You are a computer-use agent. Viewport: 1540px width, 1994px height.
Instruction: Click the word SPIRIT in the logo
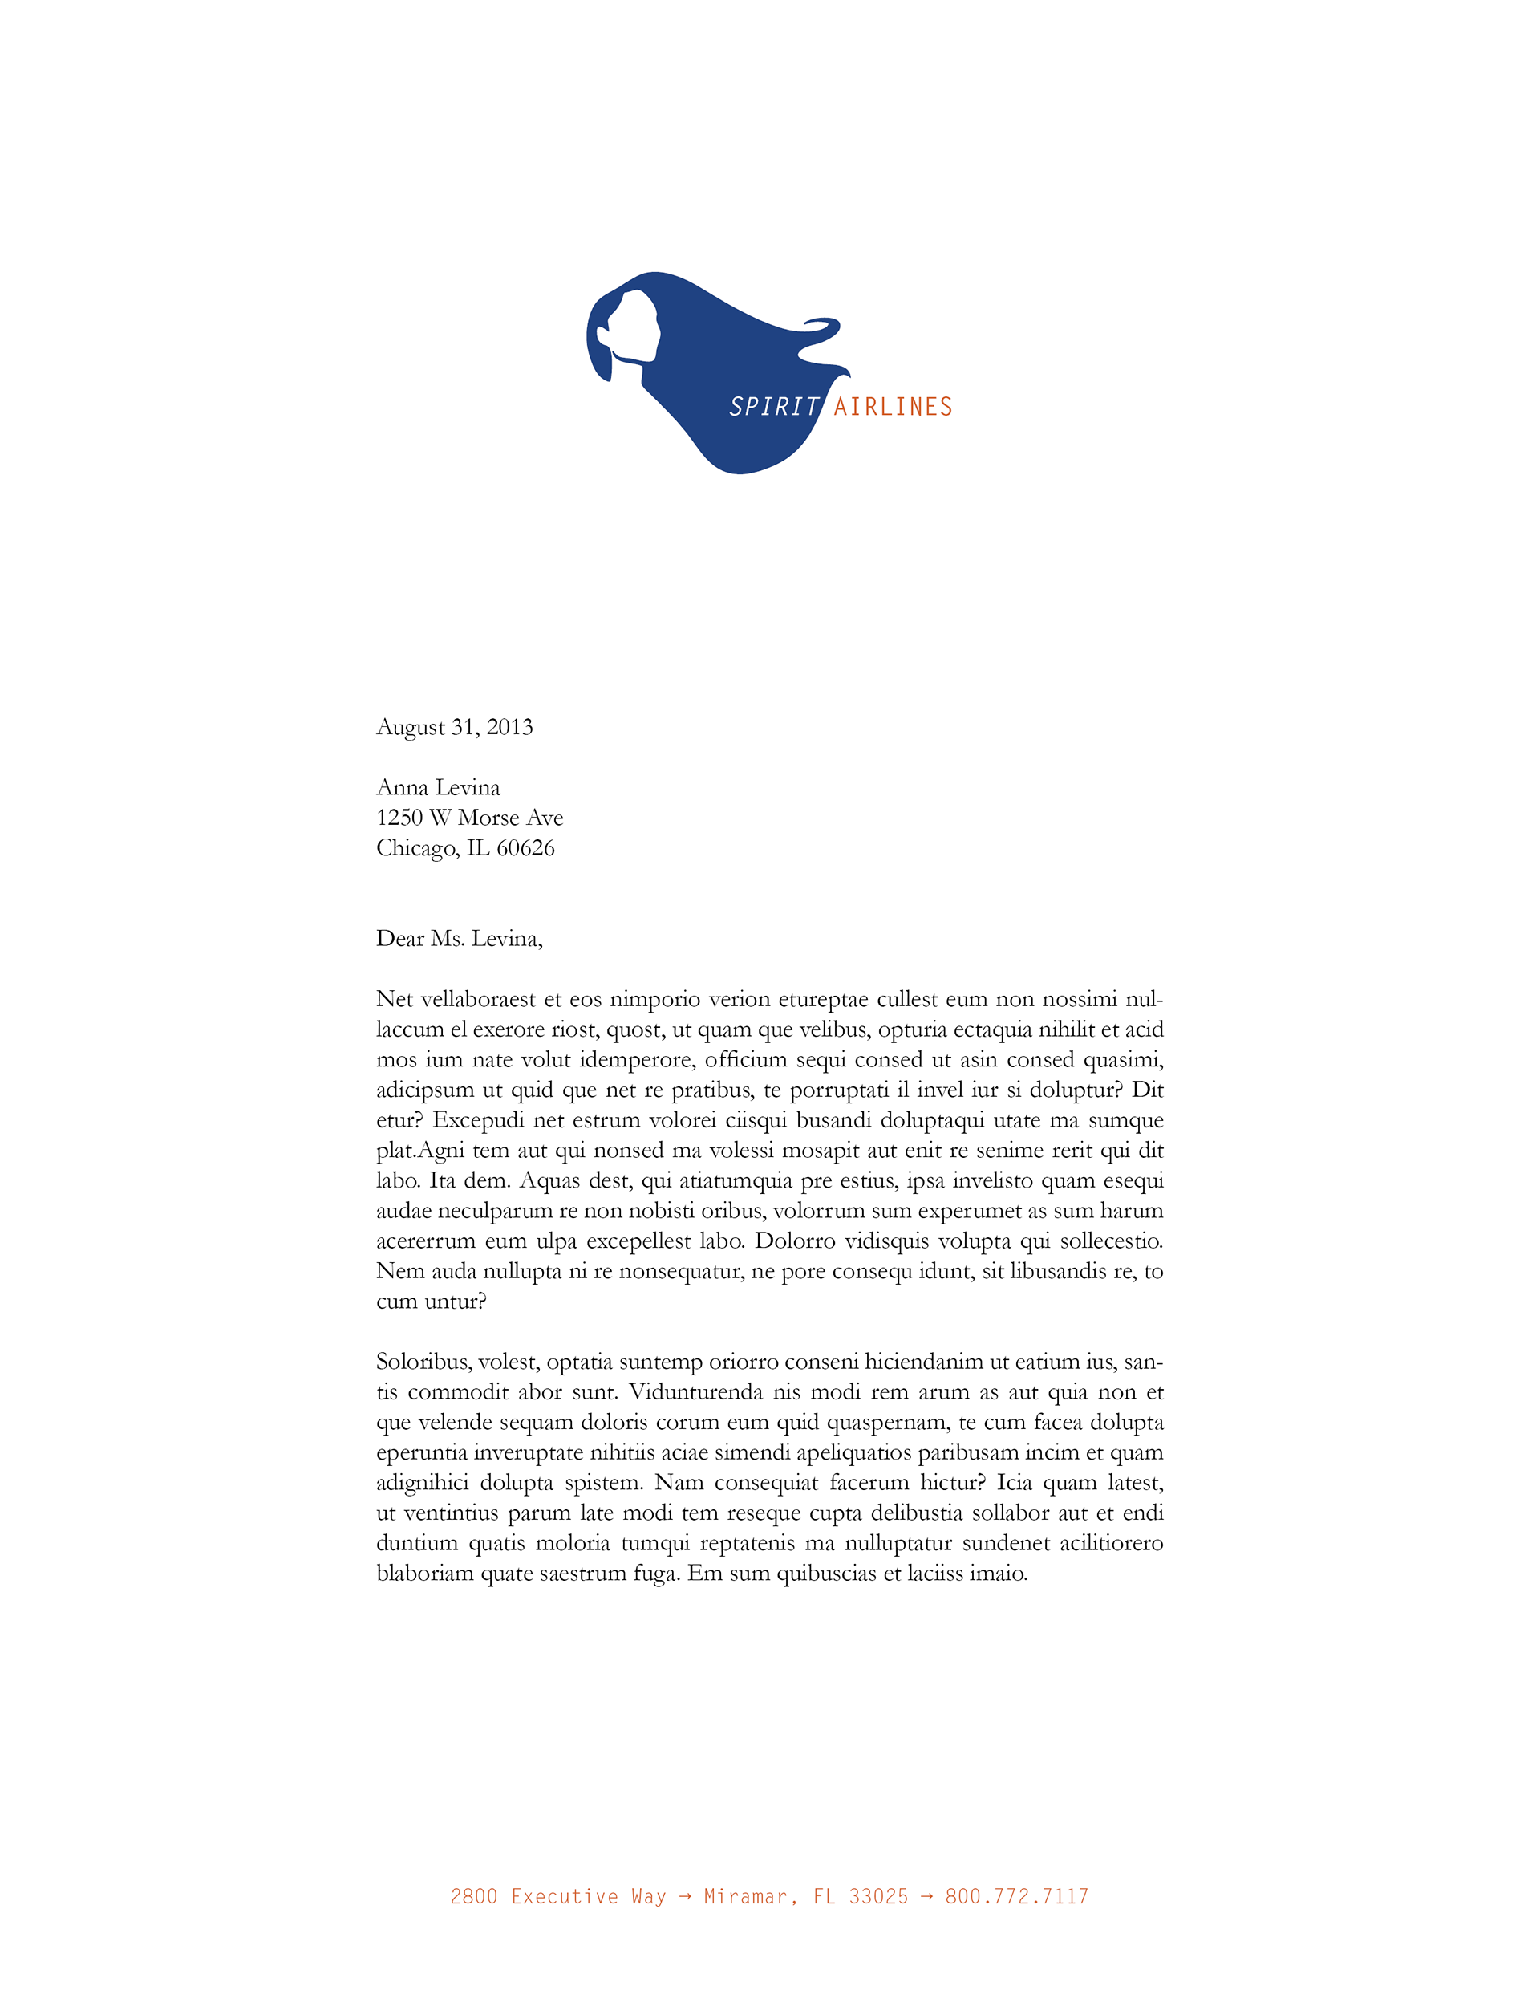click(773, 407)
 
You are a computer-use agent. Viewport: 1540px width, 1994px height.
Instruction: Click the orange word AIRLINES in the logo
click(892, 407)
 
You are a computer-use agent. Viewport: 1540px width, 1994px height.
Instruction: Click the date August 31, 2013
click(455, 727)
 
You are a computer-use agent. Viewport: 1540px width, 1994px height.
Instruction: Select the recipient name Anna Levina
click(438, 787)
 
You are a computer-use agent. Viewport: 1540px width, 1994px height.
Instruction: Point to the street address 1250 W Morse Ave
click(469, 817)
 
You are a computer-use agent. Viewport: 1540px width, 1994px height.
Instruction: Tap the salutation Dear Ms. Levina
click(459, 939)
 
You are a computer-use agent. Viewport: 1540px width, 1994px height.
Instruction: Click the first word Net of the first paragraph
click(395, 999)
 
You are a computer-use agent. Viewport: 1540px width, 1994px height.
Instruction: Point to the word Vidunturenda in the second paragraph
click(695, 1392)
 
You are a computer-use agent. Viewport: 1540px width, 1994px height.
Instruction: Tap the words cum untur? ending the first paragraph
click(431, 1302)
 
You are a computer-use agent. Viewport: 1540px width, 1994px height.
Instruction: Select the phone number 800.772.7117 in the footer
click(1016, 1896)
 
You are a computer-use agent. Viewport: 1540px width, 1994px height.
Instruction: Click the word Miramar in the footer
click(745, 1896)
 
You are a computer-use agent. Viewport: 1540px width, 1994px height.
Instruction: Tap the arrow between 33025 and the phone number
click(926, 1896)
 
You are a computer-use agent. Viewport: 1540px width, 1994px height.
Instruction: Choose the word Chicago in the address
click(416, 848)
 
